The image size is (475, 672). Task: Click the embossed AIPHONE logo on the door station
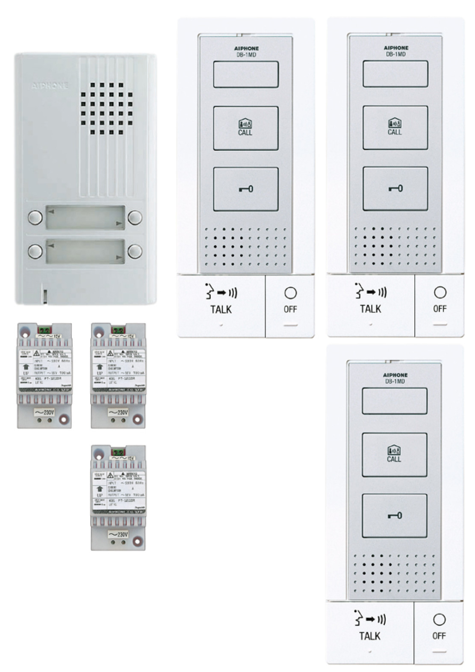pos(50,85)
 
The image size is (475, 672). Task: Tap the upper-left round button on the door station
pos(35,217)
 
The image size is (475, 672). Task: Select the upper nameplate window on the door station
pos(85,217)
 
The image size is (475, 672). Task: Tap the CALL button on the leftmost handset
pos(245,128)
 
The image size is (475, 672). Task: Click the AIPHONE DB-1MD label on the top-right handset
pos(396,51)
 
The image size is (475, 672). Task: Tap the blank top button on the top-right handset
pos(395,74)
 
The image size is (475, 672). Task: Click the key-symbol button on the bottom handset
pos(394,516)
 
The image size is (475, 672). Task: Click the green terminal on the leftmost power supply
pos(44,330)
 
